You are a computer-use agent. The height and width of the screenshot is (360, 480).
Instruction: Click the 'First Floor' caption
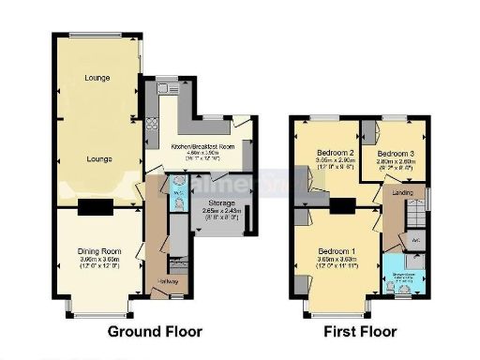coord(359,331)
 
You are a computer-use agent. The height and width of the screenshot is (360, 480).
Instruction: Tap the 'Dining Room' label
coord(98,250)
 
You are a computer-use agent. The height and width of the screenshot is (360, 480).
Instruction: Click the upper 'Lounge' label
coord(97,77)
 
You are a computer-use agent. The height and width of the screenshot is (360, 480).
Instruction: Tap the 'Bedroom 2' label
coord(333,152)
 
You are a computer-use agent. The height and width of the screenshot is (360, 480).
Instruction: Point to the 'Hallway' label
coord(170,280)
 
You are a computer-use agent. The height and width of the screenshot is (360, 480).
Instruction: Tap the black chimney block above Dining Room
coord(94,208)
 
